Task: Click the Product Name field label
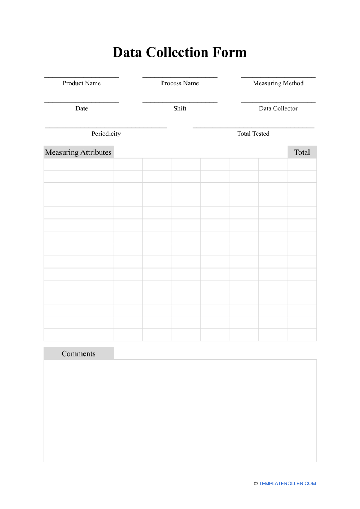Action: (x=81, y=83)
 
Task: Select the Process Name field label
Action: (x=180, y=83)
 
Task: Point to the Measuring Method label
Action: (x=278, y=83)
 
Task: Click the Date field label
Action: (x=81, y=108)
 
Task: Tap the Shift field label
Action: (x=180, y=108)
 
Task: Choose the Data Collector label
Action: (x=278, y=108)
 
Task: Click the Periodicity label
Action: (x=106, y=134)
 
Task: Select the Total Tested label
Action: (x=253, y=134)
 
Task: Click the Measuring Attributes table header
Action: (x=78, y=152)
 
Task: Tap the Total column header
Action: (x=302, y=152)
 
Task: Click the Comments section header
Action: (x=78, y=353)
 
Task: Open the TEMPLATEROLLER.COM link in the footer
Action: (x=287, y=484)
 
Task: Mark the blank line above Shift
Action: (x=180, y=102)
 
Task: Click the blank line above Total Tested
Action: (x=253, y=127)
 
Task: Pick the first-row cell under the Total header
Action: (x=302, y=164)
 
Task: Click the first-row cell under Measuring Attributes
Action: (x=79, y=164)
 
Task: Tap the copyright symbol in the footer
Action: (x=256, y=484)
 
